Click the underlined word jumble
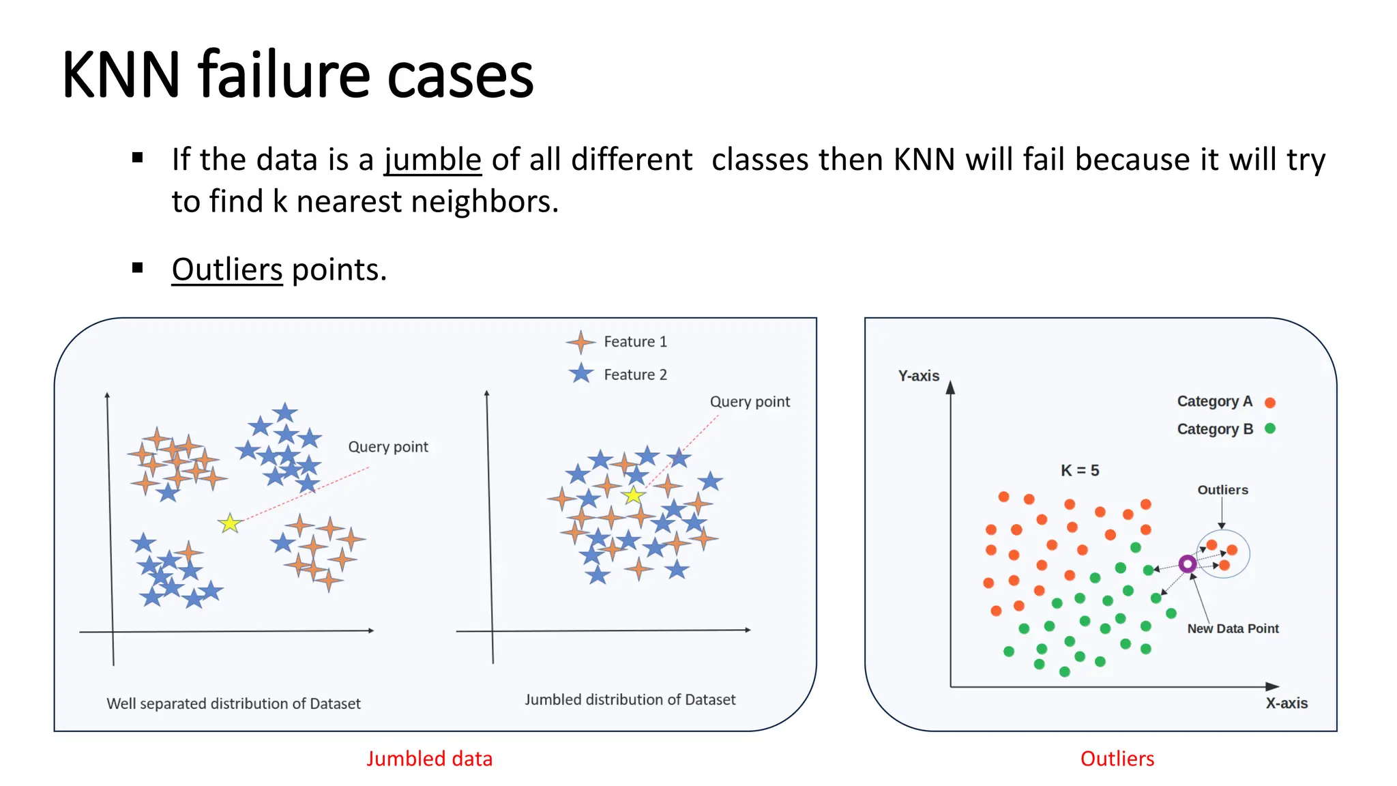432,160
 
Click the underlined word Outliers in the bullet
226,270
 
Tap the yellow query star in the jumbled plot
633,495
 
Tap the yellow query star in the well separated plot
230,523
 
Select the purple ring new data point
1187,564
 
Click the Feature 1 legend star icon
580,342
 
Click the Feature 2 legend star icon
580,374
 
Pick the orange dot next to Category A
1269,403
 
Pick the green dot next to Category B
1269,428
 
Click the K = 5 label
1080,470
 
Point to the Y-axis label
918,376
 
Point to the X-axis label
1286,703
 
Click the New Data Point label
1233,628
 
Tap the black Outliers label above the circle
1222,490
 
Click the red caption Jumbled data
429,759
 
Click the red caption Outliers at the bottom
1117,759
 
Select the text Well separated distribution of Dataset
233,703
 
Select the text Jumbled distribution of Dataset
630,699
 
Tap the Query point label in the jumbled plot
750,402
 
